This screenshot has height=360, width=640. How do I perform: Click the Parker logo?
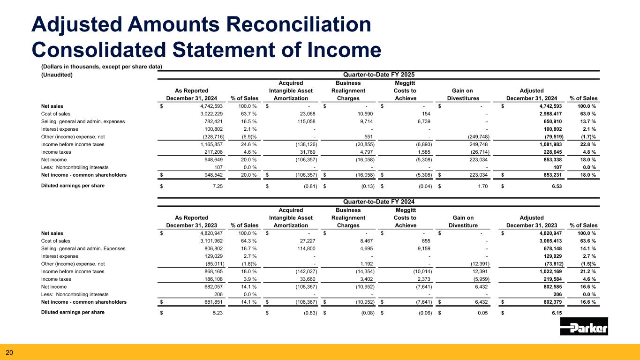(584, 327)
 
